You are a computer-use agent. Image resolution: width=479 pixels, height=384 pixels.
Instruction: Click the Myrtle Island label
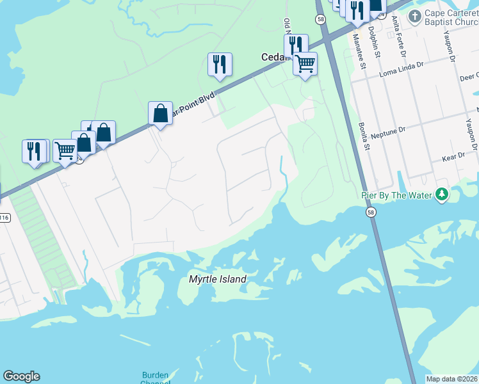[217, 279]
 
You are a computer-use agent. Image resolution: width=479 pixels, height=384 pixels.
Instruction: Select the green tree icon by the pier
[441, 194]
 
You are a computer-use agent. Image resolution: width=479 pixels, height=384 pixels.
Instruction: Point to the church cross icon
[414, 16]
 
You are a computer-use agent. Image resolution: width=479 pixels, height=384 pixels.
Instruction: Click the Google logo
[21, 376]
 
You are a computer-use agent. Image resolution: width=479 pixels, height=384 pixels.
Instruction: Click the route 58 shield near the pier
[371, 212]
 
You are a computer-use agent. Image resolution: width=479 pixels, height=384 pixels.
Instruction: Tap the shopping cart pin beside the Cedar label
[305, 64]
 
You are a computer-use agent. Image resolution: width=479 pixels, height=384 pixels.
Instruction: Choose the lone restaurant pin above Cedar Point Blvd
[219, 64]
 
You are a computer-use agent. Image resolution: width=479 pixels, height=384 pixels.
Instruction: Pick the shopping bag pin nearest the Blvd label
[160, 113]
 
